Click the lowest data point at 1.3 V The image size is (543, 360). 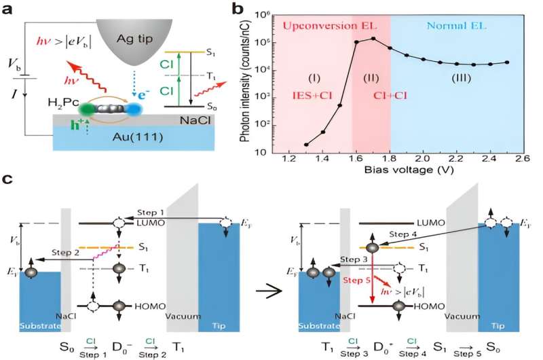307,144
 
